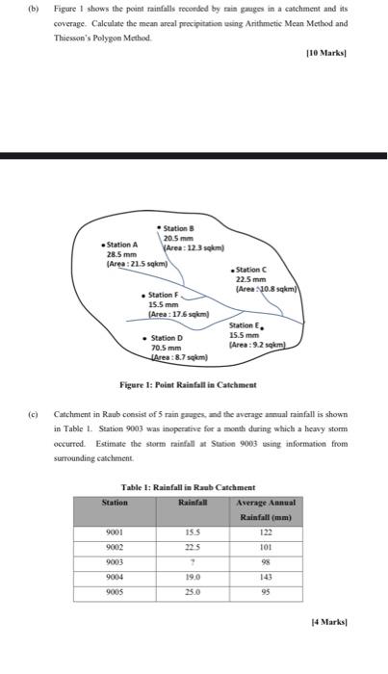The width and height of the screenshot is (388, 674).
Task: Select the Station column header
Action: click(x=115, y=501)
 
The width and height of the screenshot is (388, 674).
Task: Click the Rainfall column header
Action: click(x=193, y=501)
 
